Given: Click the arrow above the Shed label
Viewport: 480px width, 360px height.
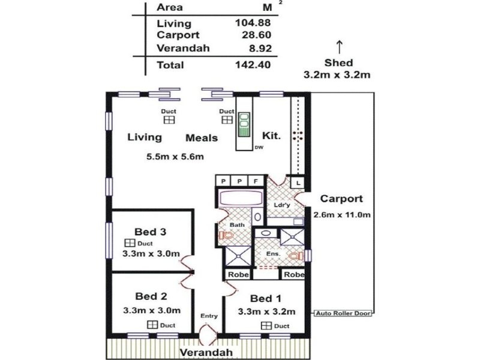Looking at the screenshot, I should pyautogui.click(x=339, y=46).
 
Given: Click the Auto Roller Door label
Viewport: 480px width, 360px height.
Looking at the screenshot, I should pyautogui.click(x=343, y=313).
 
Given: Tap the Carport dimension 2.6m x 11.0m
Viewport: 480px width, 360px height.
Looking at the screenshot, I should pyautogui.click(x=341, y=214).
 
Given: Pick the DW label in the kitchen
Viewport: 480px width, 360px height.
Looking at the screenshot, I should pyautogui.click(x=259, y=148).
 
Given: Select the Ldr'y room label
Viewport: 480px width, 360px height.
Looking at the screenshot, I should pyautogui.click(x=282, y=204).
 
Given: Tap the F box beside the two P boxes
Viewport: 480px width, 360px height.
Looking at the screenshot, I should pyautogui.click(x=256, y=181).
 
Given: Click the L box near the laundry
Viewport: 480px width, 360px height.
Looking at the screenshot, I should pyautogui.click(x=298, y=182).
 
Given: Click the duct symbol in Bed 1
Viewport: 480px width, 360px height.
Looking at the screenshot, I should pyautogui.click(x=266, y=326).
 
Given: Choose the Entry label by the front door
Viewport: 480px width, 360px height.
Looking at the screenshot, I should pyautogui.click(x=208, y=316).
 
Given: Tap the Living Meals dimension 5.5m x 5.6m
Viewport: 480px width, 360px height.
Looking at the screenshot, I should pyautogui.click(x=175, y=157).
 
